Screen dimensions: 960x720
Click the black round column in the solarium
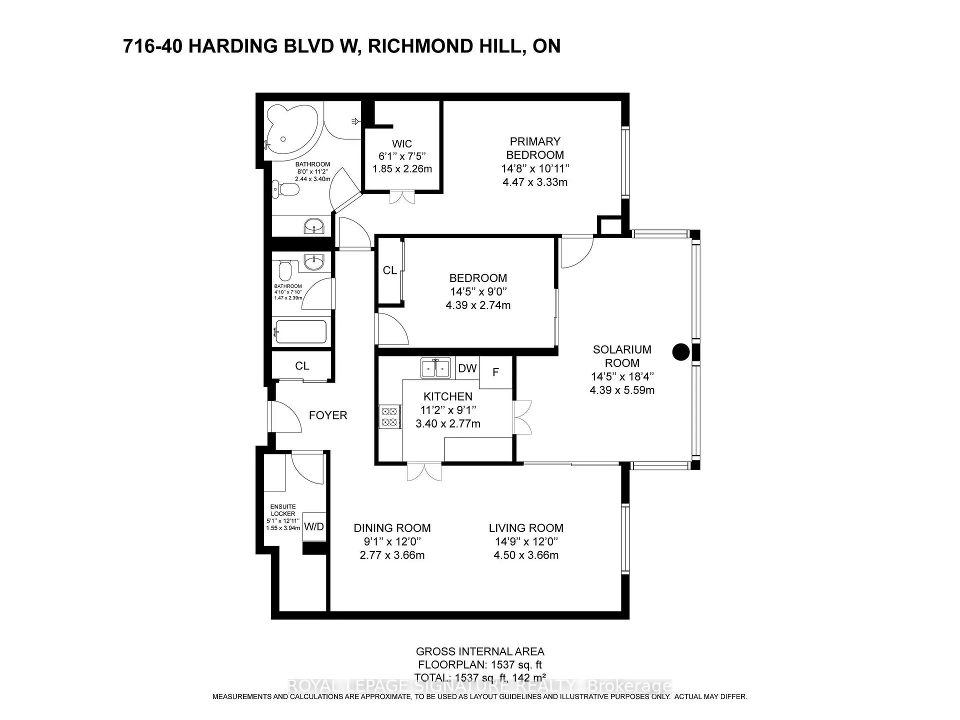click(681, 352)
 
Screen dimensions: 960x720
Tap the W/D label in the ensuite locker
click(314, 526)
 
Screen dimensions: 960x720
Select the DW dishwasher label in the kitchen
click(467, 368)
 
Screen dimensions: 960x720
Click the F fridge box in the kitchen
click(496, 372)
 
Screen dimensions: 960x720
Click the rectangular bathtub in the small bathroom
click(300, 331)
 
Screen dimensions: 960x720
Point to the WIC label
click(402, 144)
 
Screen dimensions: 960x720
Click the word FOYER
click(328, 415)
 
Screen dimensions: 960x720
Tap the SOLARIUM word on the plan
click(622, 349)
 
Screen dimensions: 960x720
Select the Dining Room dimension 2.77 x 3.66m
click(392, 555)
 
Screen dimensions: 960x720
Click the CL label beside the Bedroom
click(390, 270)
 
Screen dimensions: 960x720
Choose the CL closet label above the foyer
click(302, 366)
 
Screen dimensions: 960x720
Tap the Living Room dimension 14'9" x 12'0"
click(526, 541)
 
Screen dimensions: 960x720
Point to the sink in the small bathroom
click(314, 261)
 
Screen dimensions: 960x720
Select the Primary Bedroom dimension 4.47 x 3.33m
click(535, 182)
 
